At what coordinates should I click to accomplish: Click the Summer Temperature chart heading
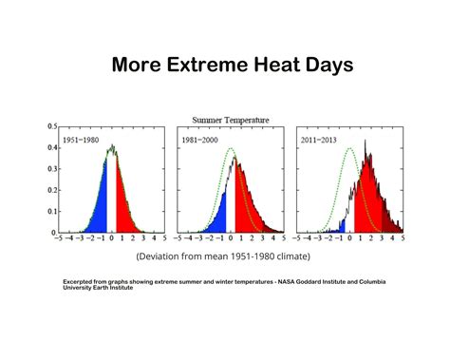tap(231, 120)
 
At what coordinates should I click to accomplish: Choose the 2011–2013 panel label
tap(321, 140)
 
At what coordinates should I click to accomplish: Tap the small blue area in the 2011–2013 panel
tap(333, 228)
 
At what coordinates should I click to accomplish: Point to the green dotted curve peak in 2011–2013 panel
tap(351, 148)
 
